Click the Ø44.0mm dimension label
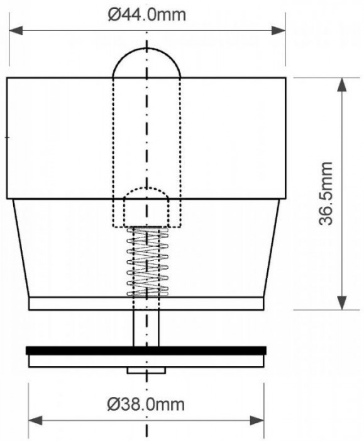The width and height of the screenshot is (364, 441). [146, 14]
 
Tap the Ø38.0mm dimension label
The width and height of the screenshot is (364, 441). [146, 404]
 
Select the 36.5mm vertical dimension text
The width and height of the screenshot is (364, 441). [326, 193]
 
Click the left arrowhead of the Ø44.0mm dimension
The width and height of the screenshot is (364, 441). [16, 30]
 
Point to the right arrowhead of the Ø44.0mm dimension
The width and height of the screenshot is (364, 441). [278, 30]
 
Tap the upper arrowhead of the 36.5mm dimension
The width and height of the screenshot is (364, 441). [342, 84]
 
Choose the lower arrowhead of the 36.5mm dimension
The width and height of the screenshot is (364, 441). [342, 303]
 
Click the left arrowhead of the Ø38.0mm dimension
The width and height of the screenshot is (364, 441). [35, 421]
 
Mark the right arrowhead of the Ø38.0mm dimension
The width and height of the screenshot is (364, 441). [257, 421]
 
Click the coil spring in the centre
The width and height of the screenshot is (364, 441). [148, 262]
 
